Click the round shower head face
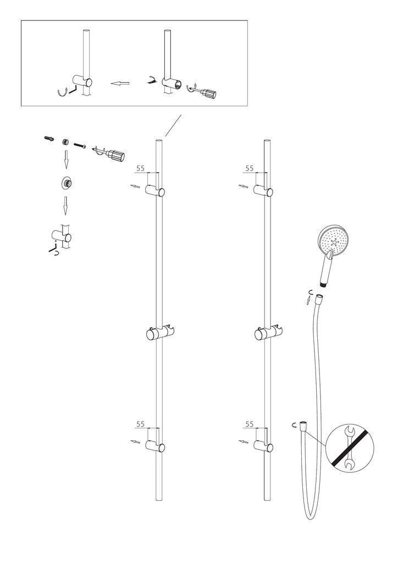tap(334, 240)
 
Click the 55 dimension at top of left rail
tap(141, 168)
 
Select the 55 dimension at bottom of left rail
tap(140, 424)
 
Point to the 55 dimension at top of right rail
tap(250, 168)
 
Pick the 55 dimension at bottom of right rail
tap(249, 424)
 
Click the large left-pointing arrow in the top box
tap(120, 84)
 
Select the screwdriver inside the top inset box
tap(202, 91)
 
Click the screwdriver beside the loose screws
tap(109, 154)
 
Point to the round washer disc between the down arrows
tap(65, 184)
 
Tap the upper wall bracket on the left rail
tap(155, 191)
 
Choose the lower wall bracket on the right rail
tap(263, 446)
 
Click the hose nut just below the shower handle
tap(319, 300)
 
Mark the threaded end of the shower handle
tap(325, 285)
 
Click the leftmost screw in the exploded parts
tap(49, 138)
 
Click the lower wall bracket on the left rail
tap(155, 446)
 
